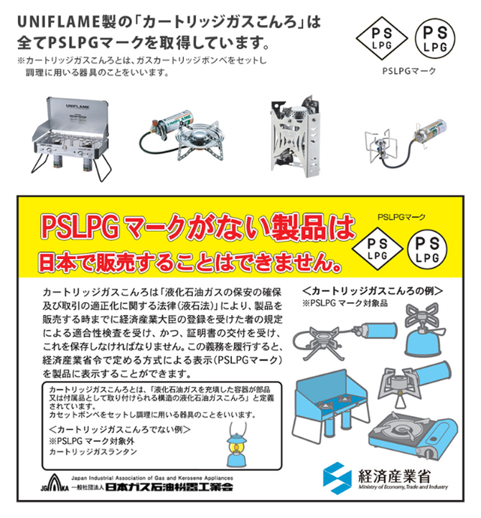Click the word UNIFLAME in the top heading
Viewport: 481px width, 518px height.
[59, 22]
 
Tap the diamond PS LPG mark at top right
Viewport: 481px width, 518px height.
[382, 38]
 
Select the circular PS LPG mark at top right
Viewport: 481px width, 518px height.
[435, 39]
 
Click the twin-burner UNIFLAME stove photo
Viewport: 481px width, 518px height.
[71, 138]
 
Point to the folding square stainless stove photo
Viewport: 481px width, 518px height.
[295, 136]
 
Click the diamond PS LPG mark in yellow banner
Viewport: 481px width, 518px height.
[377, 249]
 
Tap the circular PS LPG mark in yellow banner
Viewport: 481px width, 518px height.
[427, 249]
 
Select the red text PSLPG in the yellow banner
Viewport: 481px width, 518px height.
[80, 227]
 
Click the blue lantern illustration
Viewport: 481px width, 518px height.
[236, 444]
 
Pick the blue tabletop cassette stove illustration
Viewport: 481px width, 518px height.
[414, 435]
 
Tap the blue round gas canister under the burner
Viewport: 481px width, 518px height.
[423, 343]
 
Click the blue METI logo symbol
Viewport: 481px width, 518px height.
[337, 478]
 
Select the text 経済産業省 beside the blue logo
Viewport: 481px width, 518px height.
[395, 476]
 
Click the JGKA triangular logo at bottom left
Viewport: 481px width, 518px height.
[55, 484]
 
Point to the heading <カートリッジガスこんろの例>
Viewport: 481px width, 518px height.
[373, 291]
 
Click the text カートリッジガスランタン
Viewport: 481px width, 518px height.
[93, 451]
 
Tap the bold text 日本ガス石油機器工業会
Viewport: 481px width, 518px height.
[169, 487]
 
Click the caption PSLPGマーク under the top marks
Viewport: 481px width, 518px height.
[409, 71]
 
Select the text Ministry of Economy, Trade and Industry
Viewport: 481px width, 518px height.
[403, 487]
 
